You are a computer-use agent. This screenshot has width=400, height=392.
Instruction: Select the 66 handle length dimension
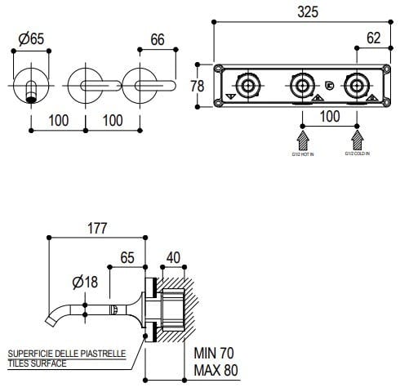pos(158,38)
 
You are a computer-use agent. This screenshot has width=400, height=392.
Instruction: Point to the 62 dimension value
pos(374,37)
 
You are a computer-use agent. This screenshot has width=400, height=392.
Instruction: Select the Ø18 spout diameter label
pos(86,283)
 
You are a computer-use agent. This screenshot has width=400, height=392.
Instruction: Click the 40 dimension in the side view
pos(174,256)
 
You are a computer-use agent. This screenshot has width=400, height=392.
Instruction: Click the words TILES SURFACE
pos(38,363)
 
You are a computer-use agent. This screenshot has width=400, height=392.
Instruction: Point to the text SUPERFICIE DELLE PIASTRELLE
pos(66,354)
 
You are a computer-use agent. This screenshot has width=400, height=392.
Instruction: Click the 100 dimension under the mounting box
pos(330,117)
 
